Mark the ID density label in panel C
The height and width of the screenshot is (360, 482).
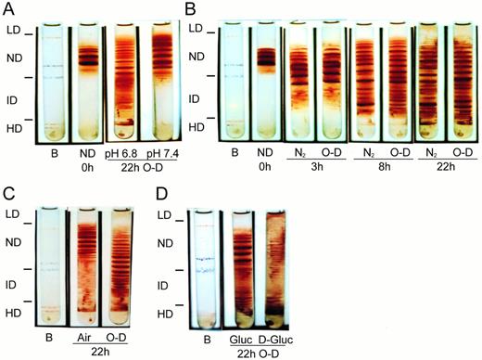click(14, 280)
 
